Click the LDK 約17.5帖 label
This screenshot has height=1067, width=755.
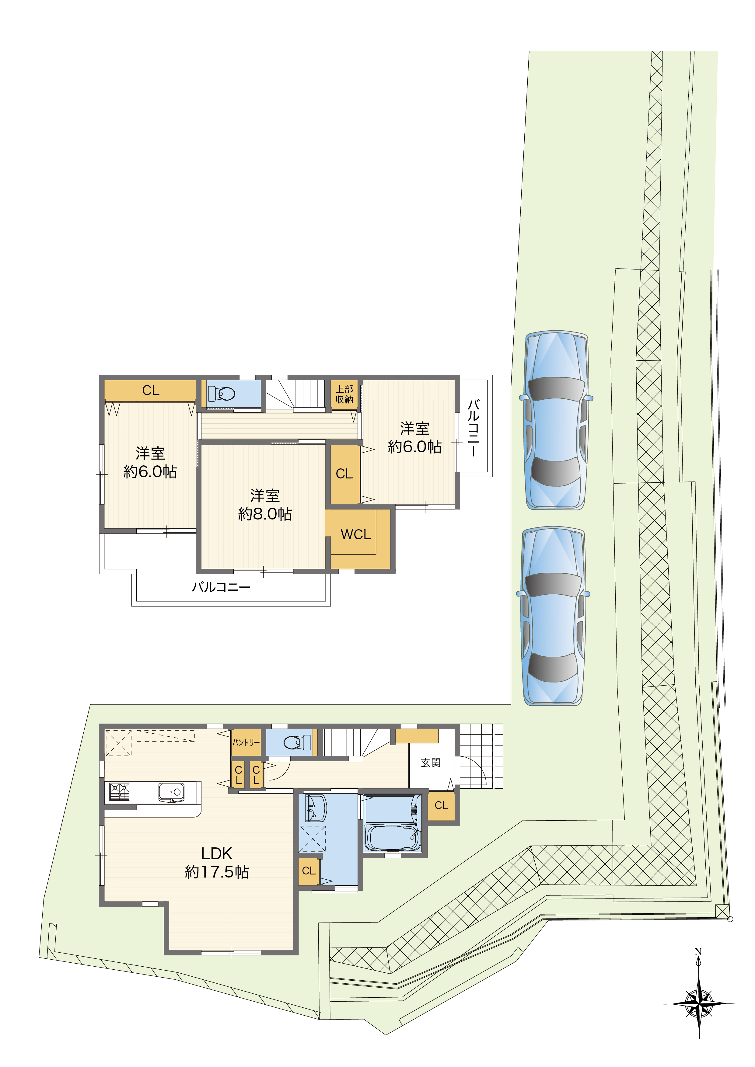[217, 863]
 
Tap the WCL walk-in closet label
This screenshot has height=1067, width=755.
[356, 534]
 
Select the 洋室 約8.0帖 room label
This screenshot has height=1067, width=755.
[265, 505]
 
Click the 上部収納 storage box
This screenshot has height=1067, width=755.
[344, 394]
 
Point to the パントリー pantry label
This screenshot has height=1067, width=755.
[246, 742]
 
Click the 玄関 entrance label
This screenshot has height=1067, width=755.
[431, 763]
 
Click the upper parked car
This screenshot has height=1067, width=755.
[556, 421]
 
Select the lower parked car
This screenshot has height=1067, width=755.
[553, 616]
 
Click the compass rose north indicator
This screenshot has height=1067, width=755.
[699, 1004]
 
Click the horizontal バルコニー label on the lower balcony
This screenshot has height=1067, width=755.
[221, 587]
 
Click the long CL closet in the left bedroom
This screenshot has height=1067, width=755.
[150, 390]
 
